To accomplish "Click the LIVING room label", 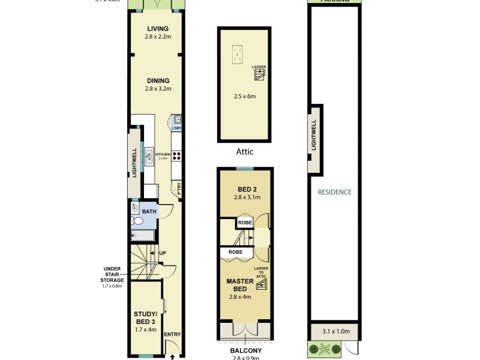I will point(158,29).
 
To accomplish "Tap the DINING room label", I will point(158,81).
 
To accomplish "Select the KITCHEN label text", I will point(163,154).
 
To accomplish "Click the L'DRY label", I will point(176,128).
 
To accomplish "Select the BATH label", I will point(149,211).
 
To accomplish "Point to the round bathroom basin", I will point(135,209).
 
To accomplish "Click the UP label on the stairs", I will point(162,253).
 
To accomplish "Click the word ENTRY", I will point(172,334).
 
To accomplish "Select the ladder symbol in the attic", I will point(259,75).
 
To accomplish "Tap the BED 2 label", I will point(244,189).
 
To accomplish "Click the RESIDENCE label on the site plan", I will point(335,192).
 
